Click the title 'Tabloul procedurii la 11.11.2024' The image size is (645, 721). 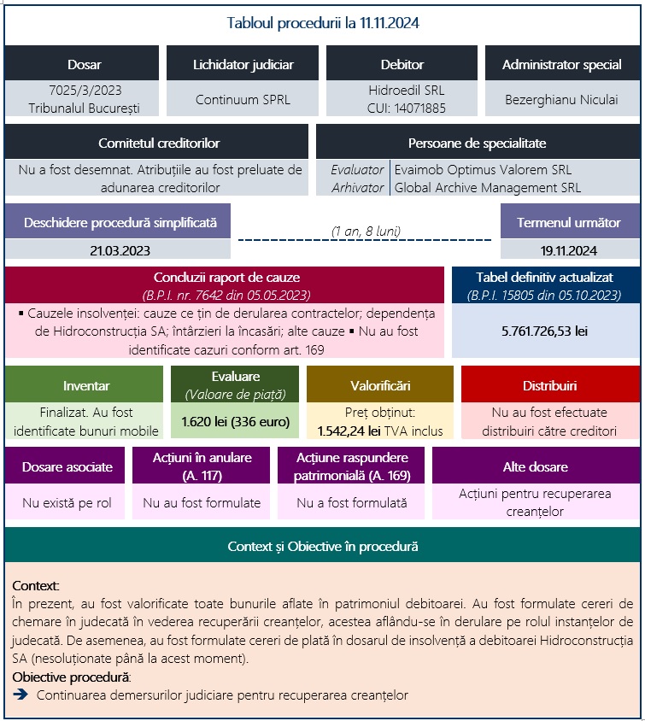click(322, 23)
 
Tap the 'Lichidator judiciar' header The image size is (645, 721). click(243, 64)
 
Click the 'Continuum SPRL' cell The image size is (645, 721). click(243, 99)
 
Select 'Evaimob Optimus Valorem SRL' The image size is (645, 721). click(483, 170)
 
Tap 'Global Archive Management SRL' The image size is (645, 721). click(487, 187)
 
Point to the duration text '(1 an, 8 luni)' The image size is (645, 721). click(366, 231)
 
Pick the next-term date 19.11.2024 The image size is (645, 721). click(568, 250)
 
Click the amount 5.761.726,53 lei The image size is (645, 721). click(545, 328)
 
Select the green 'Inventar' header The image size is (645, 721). click(86, 384)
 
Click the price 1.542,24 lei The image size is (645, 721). click(349, 431)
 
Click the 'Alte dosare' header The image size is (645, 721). click(535, 466)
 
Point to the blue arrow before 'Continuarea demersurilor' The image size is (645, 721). click(21, 695)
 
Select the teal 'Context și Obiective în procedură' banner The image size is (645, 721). click(322, 545)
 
